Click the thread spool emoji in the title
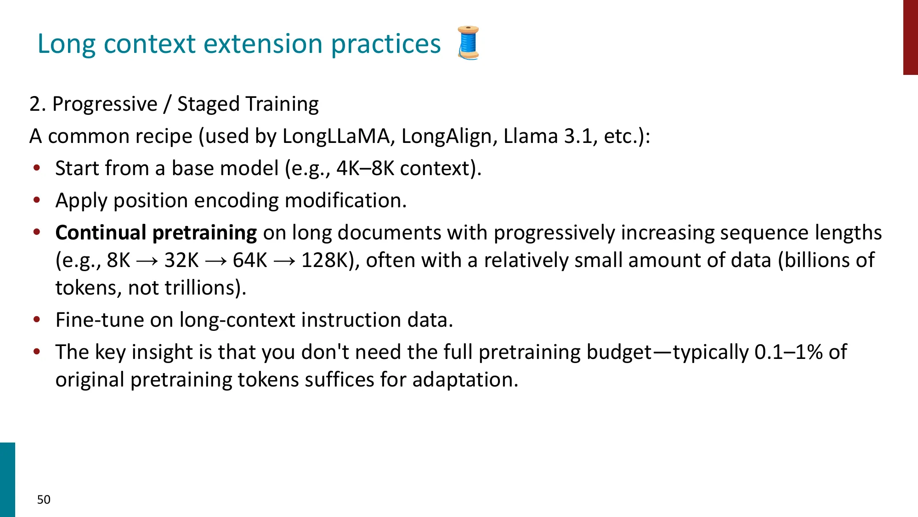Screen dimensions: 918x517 tap(468, 43)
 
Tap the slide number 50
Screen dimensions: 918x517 tap(44, 500)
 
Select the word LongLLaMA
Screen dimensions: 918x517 tap(336, 136)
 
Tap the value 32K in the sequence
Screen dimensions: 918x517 tap(181, 261)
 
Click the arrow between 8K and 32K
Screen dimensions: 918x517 tap(147, 261)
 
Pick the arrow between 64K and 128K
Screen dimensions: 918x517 tap(284, 261)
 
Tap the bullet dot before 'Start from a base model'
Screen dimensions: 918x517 tap(37, 168)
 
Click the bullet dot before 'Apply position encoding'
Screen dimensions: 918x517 tap(37, 200)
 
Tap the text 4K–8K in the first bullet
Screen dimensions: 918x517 tap(365, 169)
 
